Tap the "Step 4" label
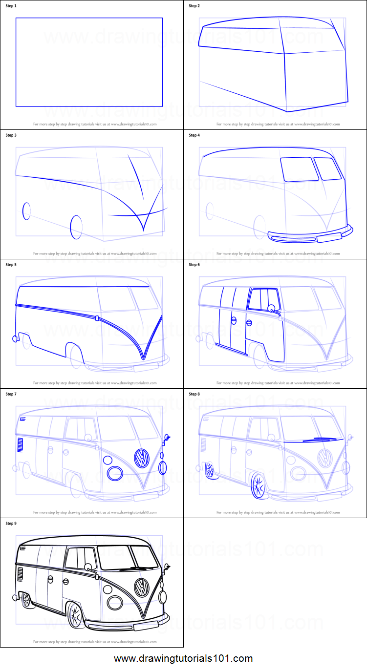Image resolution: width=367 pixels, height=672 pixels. point(194,135)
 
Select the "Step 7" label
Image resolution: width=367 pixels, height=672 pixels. point(11,394)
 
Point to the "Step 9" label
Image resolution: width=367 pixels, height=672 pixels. point(11,524)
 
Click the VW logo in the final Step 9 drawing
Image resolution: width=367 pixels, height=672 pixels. point(142,587)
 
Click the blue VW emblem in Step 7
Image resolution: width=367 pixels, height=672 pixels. point(142,458)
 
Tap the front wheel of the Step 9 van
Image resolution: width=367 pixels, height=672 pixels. point(75,615)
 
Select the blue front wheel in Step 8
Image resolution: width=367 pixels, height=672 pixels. point(258,486)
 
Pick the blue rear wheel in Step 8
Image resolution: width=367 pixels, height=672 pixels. point(210,470)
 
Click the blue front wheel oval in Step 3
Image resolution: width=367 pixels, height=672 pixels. point(76,227)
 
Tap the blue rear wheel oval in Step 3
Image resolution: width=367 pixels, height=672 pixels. point(26,211)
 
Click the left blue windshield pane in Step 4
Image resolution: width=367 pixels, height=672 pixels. point(297,169)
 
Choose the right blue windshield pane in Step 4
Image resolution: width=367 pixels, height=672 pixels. point(324,168)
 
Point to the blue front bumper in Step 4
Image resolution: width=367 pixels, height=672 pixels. point(310,236)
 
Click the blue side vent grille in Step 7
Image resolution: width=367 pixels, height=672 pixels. point(20,444)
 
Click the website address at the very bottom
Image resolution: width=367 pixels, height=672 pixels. point(183,658)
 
